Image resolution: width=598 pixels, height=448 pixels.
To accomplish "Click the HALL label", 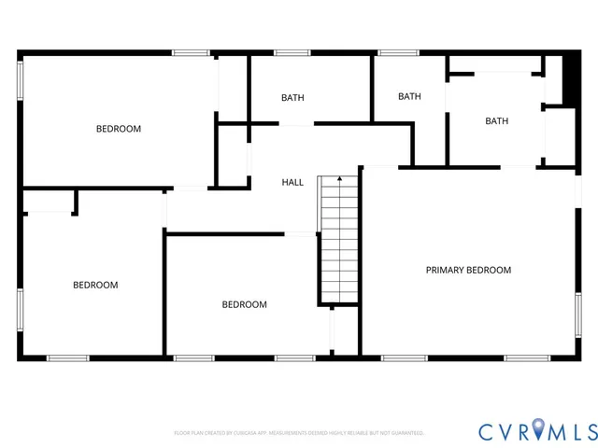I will [292, 182].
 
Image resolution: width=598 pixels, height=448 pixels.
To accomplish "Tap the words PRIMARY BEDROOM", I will [468, 270].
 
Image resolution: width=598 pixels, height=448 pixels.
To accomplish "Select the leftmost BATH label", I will [292, 97].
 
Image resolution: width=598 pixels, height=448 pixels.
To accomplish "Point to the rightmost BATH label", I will [496, 120].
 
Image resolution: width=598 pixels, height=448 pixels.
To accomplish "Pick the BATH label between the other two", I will [409, 96].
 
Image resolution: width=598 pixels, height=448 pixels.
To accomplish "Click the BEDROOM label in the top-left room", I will [119, 129].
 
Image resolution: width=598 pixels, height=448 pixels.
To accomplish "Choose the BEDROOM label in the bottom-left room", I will [95, 285].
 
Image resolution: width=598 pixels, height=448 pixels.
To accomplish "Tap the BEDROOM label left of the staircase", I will [244, 304].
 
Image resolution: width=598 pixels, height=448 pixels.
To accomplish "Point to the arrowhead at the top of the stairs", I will [339, 177].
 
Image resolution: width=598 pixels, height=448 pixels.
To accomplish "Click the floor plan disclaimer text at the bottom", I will [299, 433].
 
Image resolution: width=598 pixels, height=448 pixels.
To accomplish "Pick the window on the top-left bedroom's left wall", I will [20, 79].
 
